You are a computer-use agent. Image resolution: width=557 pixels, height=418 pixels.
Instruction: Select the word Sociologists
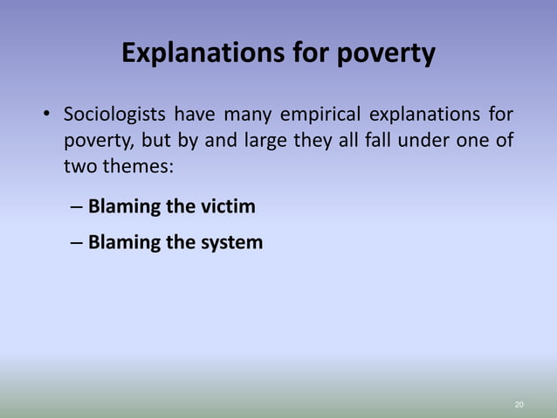[x=114, y=115]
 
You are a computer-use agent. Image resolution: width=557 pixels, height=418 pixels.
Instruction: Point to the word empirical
[x=322, y=115]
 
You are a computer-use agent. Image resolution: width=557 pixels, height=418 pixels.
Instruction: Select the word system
[x=227, y=242]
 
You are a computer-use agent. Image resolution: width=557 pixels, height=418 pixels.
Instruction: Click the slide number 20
[x=519, y=405]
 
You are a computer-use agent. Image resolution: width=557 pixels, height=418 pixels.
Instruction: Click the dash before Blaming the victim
[x=76, y=208]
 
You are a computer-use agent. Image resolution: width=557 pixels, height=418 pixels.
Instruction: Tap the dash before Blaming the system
[x=76, y=243]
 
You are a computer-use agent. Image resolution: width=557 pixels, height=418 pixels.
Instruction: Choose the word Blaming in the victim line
[x=125, y=207]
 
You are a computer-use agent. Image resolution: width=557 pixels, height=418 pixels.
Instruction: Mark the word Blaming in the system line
[x=125, y=242]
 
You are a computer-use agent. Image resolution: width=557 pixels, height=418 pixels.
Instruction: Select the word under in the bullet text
[x=426, y=140]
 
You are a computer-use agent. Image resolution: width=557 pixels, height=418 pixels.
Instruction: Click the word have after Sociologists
[x=198, y=115]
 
